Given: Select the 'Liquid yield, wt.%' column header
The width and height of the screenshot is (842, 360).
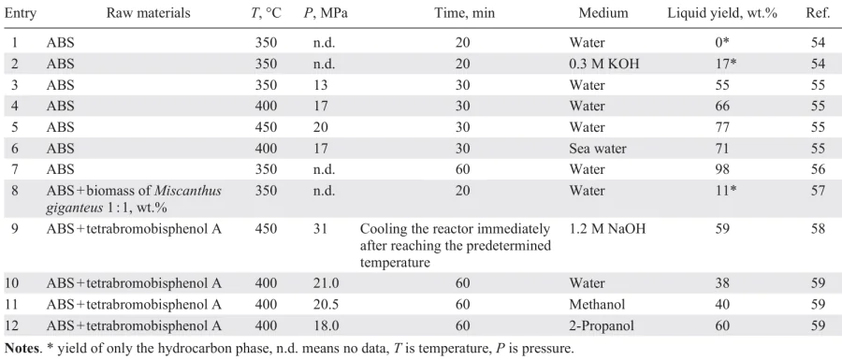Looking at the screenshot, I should coord(733,14).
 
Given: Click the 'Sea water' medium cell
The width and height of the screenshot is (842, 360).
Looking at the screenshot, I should coord(597,147).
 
